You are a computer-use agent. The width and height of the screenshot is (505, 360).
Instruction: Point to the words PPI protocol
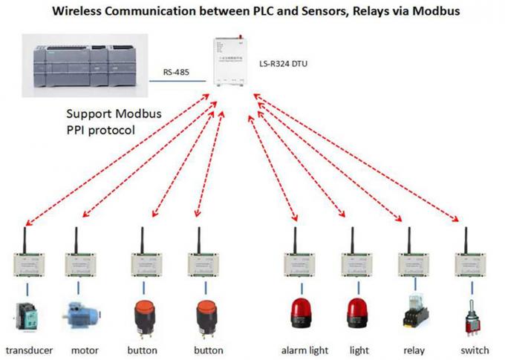(x=104, y=130)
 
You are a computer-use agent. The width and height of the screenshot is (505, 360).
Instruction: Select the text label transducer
(x=30, y=350)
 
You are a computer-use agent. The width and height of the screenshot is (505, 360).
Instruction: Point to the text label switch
(x=474, y=350)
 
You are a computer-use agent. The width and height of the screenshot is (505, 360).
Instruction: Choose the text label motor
(x=85, y=350)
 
